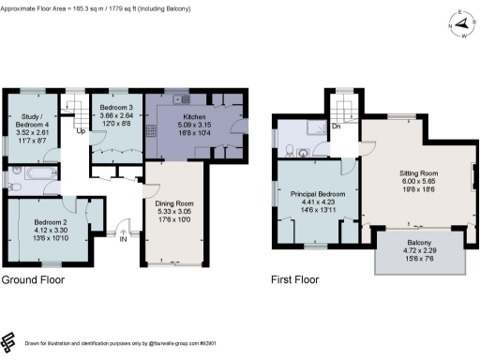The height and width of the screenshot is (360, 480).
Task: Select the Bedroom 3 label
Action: click(116, 109)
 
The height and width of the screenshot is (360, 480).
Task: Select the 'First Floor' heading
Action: click(294, 280)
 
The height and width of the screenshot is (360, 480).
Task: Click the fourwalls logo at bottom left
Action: click(9, 339)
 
